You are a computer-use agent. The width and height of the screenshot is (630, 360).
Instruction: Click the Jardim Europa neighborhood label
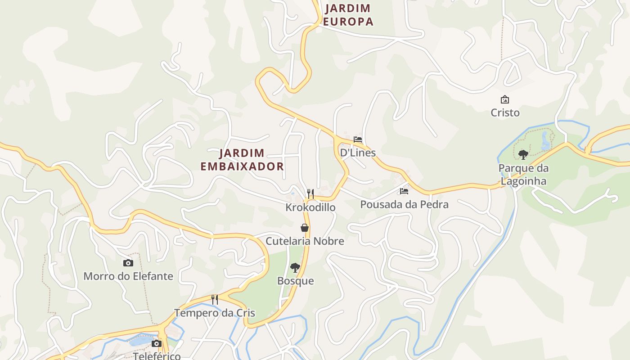point(348,14)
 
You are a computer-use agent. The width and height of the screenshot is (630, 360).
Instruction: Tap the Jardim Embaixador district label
point(242,160)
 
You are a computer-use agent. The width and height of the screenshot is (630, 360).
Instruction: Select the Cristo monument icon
point(505,99)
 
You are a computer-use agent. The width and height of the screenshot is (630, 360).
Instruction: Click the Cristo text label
point(505,112)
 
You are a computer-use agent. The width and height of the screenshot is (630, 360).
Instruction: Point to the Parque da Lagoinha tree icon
point(523,155)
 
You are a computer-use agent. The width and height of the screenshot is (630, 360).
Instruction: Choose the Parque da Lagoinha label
point(523,175)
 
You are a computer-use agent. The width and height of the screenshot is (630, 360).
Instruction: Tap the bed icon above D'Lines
point(358,139)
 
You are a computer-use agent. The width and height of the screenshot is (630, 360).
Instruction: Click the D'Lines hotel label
point(358,153)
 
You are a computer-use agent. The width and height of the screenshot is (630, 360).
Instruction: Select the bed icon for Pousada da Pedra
point(404,191)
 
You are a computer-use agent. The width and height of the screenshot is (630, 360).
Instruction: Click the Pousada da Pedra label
point(404,204)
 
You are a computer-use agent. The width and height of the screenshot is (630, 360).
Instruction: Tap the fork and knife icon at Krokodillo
point(310,194)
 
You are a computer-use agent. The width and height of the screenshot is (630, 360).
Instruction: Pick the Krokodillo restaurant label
point(310,207)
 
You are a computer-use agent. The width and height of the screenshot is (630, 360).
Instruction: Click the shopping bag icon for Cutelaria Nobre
point(305,228)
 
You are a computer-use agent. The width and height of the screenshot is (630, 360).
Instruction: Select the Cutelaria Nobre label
point(305,241)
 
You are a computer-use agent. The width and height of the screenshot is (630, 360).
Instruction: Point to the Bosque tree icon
point(295,268)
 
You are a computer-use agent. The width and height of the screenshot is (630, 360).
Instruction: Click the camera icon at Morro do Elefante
point(128,263)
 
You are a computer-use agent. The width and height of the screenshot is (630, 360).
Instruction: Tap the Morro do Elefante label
point(128,276)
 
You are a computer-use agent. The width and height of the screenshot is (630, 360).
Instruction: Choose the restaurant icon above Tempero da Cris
point(215,300)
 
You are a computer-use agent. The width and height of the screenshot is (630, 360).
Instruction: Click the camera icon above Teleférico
point(156,344)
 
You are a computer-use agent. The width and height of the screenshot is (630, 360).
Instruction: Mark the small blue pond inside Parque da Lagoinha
point(545,140)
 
